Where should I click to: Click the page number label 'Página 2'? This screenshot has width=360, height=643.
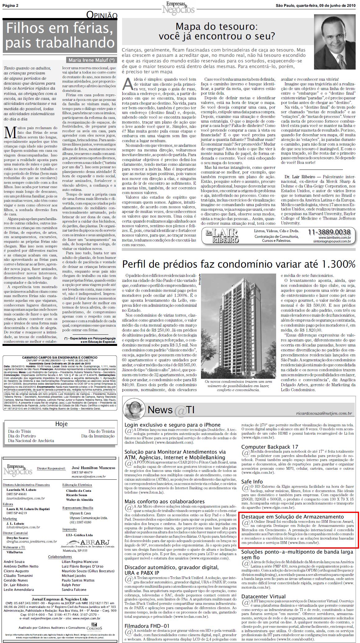[10, 5]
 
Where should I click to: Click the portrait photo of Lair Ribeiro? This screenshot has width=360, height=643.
[335, 42]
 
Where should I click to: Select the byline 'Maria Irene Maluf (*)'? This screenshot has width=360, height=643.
[91, 60]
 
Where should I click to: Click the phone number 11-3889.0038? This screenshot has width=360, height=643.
[329, 232]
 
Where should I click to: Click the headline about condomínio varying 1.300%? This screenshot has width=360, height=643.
[239, 264]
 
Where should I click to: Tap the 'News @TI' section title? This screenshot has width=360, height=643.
[171, 410]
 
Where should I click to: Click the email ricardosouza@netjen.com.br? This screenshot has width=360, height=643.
[324, 413]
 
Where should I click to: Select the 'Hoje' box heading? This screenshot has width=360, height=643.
[61, 424]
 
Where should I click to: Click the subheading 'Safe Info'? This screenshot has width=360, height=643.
[252, 482]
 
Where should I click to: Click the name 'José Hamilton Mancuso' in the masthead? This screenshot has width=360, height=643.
[93, 468]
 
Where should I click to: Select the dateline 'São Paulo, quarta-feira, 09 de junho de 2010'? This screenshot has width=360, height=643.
[316, 5]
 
